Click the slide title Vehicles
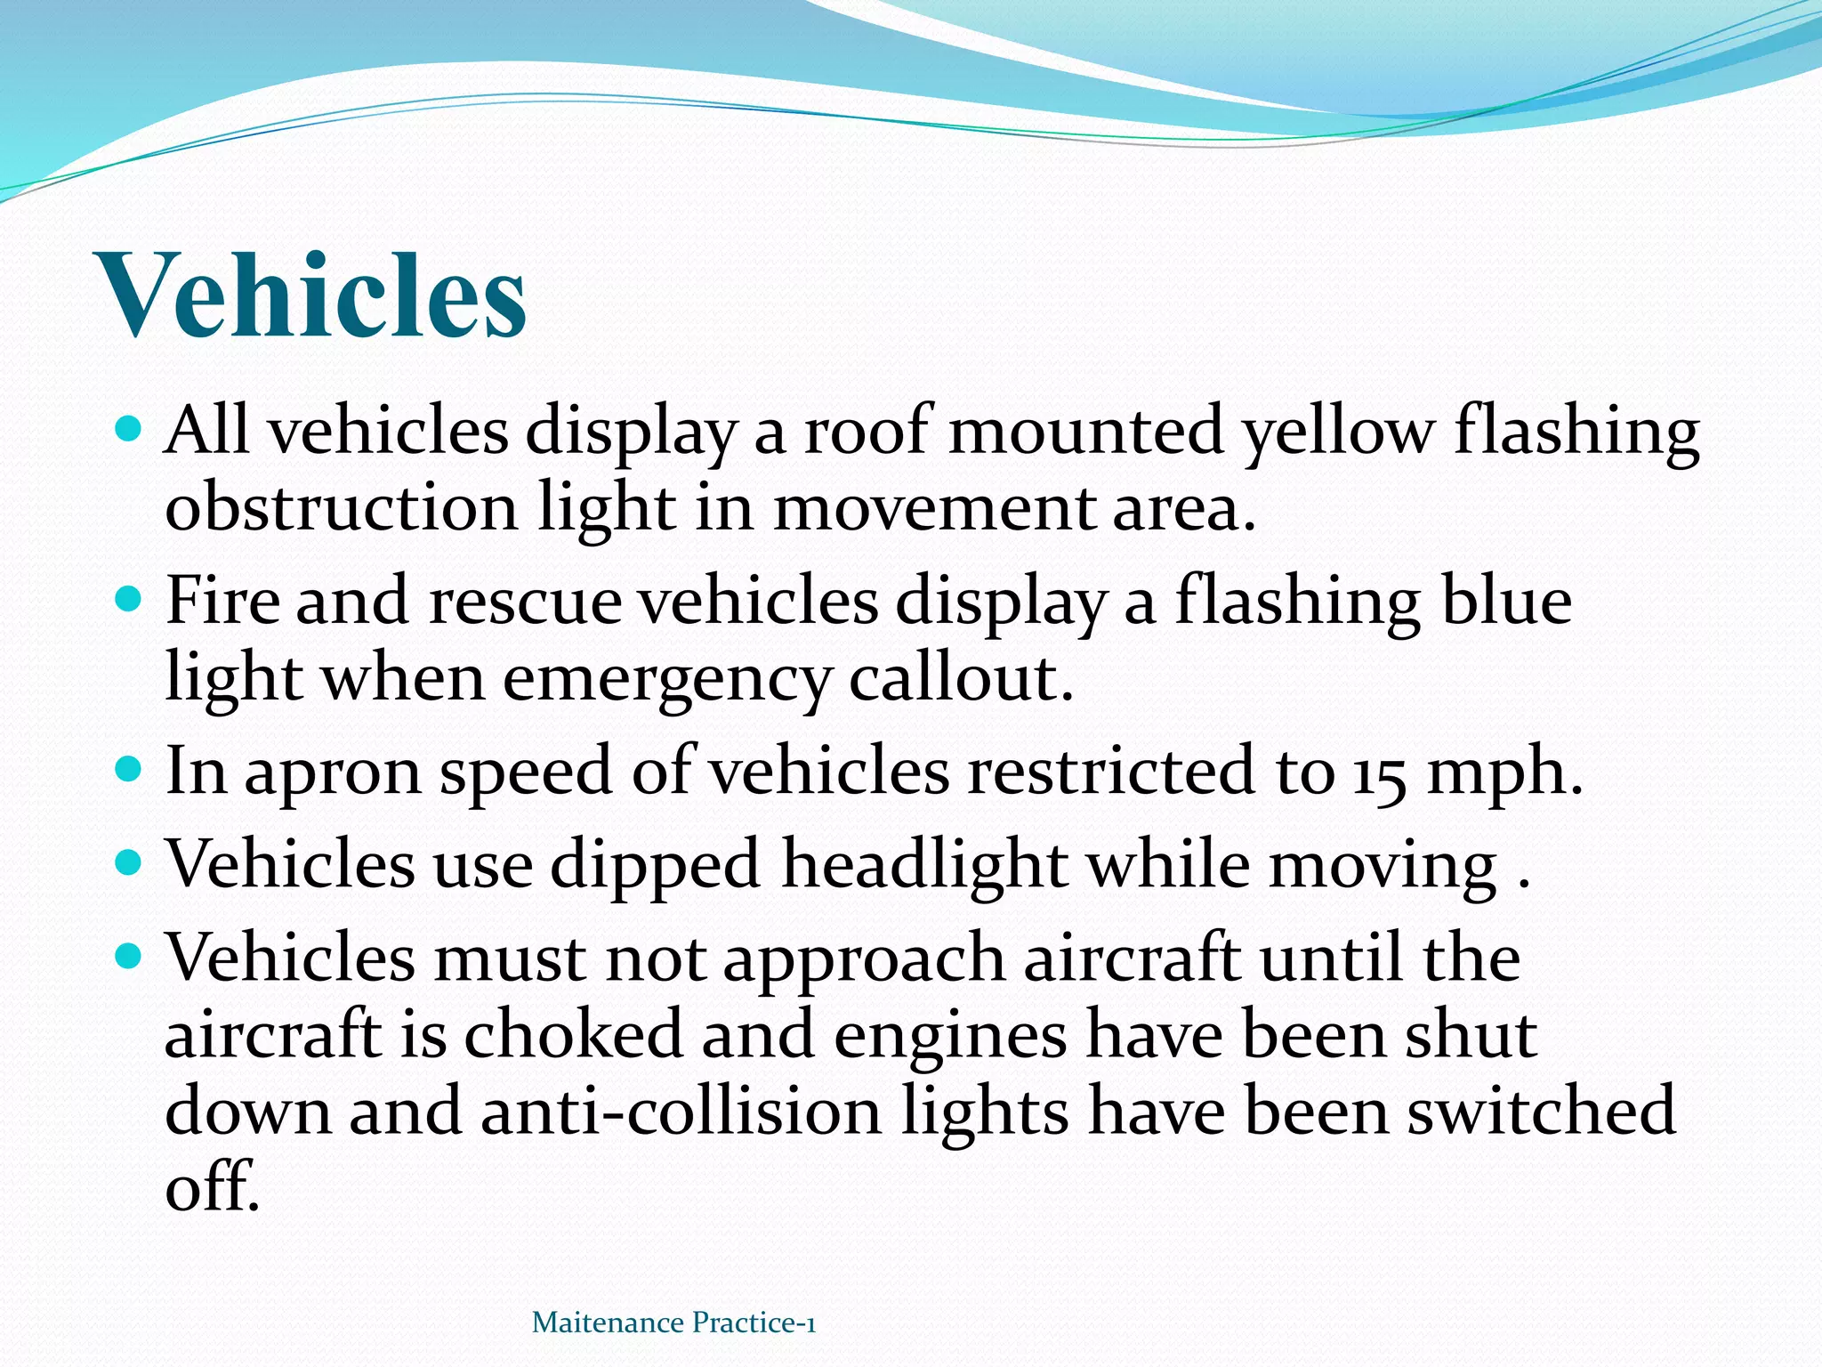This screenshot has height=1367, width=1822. coord(314,295)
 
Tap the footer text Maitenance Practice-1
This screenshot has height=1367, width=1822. coord(673,1323)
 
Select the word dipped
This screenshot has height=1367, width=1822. coord(655,866)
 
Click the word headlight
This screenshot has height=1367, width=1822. coord(924,864)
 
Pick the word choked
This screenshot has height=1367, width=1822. coord(573,1035)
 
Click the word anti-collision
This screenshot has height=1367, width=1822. coord(681,1112)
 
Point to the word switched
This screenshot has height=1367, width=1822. coord(1541,1112)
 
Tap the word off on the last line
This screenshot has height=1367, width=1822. coord(212,1187)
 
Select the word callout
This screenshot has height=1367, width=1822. coord(961,679)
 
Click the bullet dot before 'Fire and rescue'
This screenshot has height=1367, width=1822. coord(129,597)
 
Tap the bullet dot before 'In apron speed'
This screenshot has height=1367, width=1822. coord(129,767)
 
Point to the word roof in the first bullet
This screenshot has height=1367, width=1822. coord(865,432)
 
